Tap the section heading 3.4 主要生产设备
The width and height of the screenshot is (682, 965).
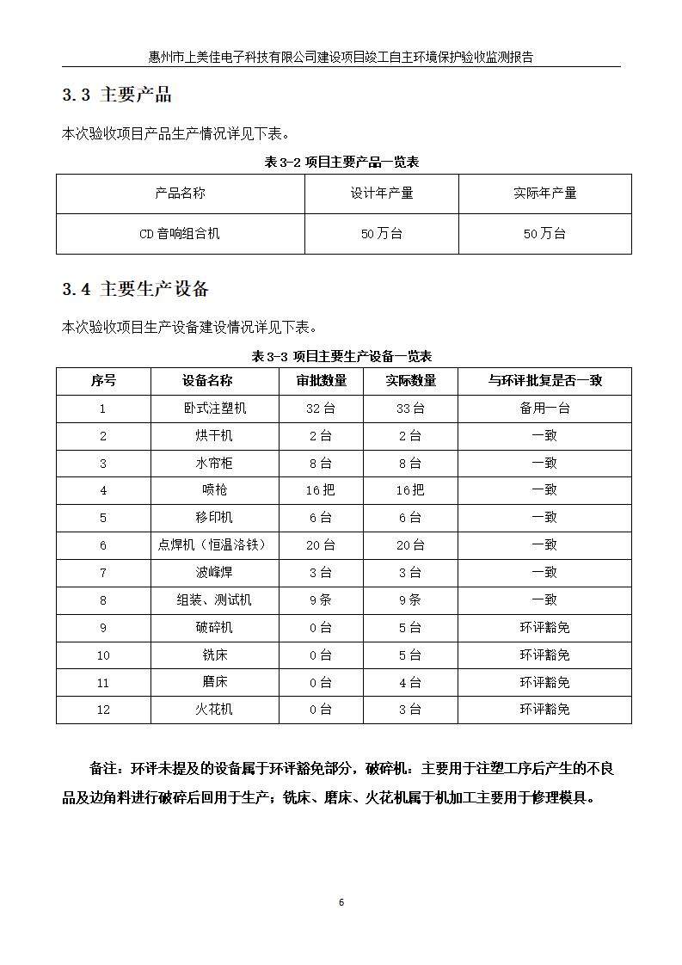[135, 290]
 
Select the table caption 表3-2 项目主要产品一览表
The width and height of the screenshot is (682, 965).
[341, 162]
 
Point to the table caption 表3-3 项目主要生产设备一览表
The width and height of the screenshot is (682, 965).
[341, 356]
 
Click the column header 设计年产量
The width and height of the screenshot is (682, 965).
[381, 194]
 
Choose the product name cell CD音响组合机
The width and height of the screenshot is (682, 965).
[180, 234]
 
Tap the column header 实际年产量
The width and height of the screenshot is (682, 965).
[544, 194]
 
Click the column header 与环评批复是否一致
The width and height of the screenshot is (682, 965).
[544, 381]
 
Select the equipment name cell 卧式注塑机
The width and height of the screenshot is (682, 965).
[214, 409]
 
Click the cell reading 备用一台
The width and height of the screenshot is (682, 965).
[544, 409]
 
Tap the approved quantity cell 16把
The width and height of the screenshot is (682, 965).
[320, 490]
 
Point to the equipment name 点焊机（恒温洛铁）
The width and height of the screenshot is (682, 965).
[214, 545]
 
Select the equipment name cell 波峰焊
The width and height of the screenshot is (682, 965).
[214, 573]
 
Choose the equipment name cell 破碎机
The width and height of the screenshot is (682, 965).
[214, 628]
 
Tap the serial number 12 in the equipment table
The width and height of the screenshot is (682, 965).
[103, 710]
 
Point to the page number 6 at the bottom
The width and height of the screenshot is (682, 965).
[341, 902]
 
